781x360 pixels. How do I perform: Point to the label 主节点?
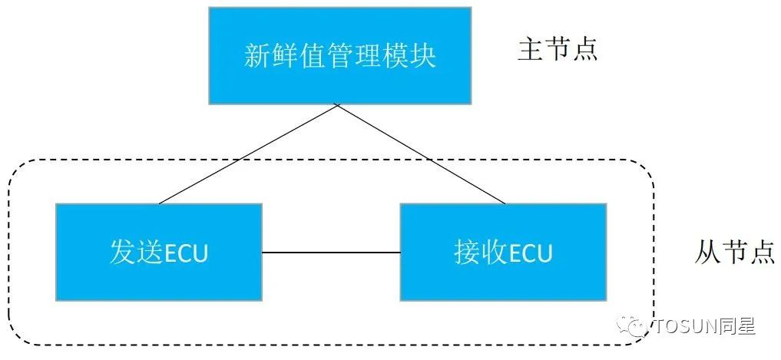tap(558, 50)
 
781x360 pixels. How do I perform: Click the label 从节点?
tap(733, 252)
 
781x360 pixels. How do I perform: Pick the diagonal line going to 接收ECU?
tap(422, 154)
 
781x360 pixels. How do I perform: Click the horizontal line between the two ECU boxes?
tap(331, 252)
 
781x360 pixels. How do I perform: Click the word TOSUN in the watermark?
tap(686, 327)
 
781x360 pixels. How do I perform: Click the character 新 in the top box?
tap(256, 56)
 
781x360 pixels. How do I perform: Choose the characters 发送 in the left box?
tap(134, 253)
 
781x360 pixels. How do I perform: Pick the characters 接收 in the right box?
tap(478, 253)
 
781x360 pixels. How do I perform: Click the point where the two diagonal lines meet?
tap(338, 106)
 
